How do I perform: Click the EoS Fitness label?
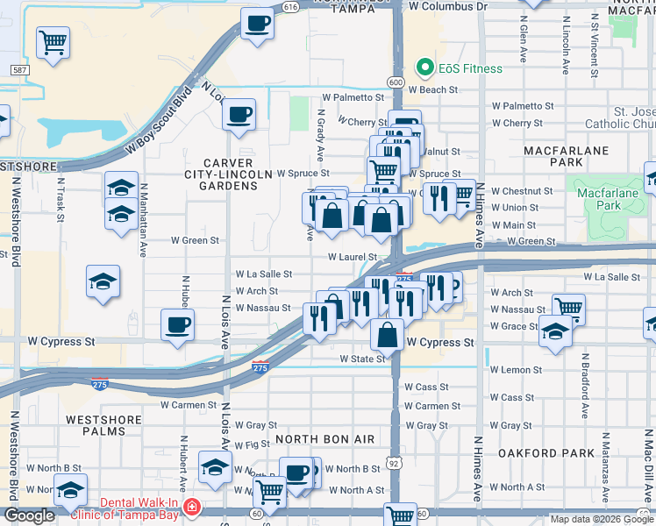pos(471,68)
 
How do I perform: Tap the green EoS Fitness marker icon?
pos(425,68)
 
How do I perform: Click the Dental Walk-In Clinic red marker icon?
pos(191,508)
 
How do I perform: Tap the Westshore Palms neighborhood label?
pos(103,426)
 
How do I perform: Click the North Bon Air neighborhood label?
pos(325,439)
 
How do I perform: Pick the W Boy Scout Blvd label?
pos(159,119)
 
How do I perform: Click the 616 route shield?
pos(291,6)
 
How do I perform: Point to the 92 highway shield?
pos(395,462)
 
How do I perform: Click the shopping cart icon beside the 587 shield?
pos(53,40)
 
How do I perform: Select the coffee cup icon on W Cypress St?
pos(177,325)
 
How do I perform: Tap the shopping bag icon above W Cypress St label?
pos(387,334)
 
